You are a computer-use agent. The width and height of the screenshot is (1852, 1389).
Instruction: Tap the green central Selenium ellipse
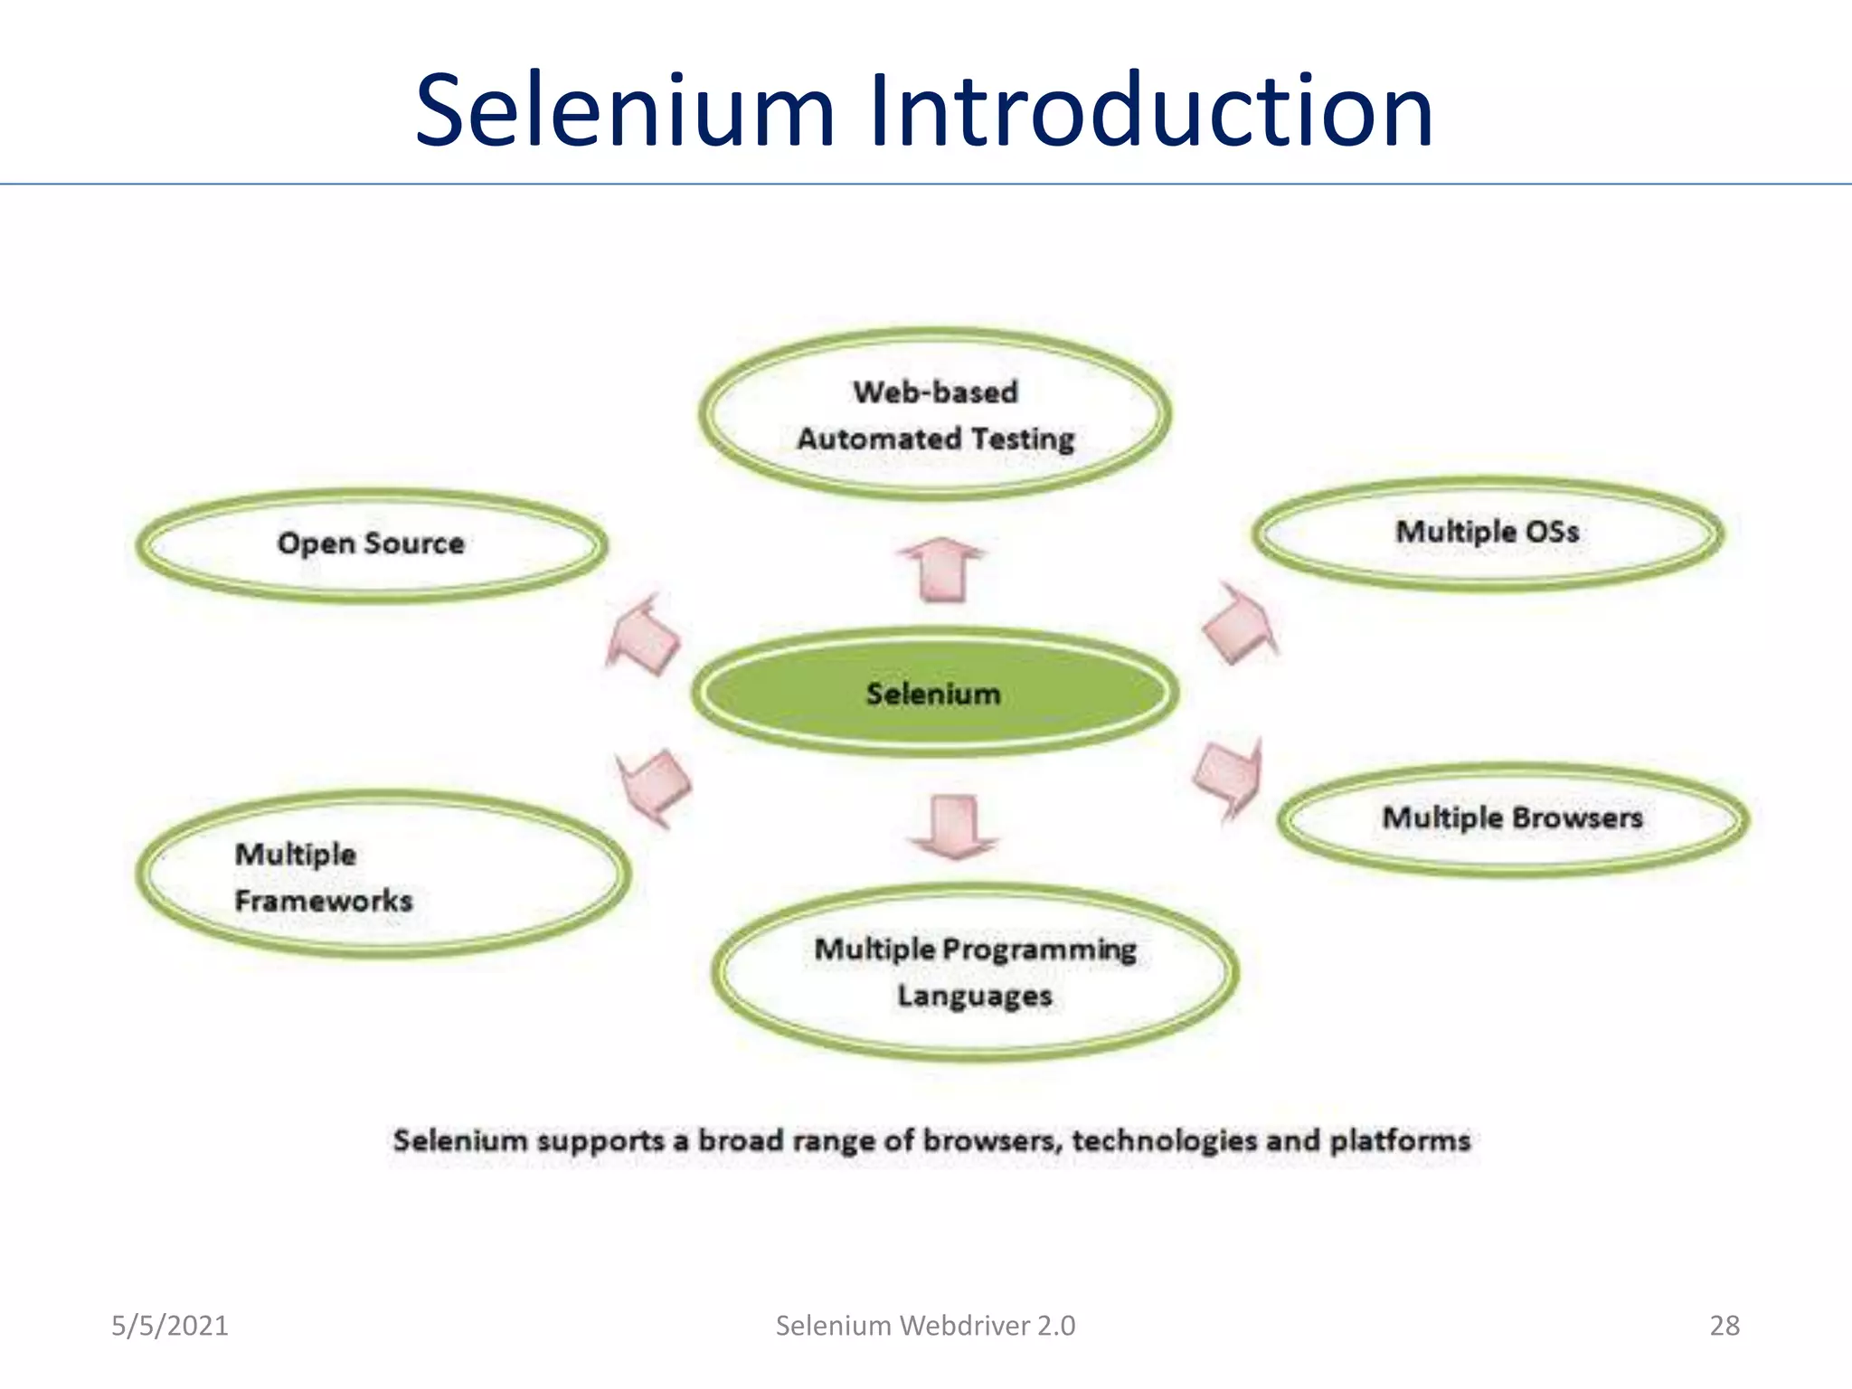[934, 693]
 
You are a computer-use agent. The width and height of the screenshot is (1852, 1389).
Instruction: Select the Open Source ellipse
[371, 543]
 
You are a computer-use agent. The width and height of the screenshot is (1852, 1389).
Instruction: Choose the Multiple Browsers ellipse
[1512, 818]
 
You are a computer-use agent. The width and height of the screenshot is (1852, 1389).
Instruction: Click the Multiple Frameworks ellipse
[383, 875]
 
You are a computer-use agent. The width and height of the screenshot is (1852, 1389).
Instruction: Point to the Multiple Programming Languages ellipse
[975, 972]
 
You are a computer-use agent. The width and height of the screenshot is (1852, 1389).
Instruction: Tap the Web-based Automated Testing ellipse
[935, 415]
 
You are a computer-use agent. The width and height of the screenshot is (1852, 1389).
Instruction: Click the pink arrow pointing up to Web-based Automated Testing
[942, 570]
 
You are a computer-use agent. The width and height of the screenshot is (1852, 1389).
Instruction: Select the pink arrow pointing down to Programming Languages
[955, 826]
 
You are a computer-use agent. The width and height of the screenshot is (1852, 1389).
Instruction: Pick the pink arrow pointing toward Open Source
[644, 635]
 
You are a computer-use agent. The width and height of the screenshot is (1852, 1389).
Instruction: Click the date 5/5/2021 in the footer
[170, 1326]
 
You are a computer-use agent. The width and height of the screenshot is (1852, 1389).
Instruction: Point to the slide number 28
[1724, 1326]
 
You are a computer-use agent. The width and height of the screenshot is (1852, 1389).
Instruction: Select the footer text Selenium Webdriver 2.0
[925, 1326]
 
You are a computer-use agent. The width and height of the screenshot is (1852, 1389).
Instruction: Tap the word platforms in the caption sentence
[1400, 1141]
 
